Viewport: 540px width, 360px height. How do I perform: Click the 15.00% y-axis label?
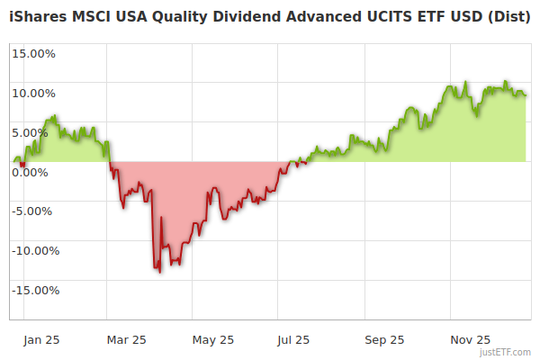(33, 53)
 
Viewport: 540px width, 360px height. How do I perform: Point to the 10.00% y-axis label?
(33, 93)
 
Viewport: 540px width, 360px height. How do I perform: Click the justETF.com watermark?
(506, 352)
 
